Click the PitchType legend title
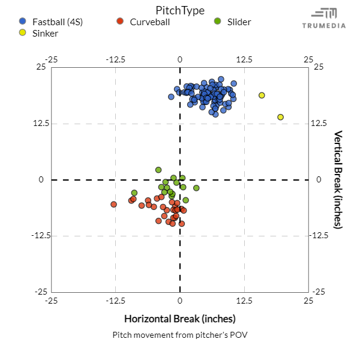[x=179, y=10]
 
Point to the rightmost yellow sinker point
[x=280, y=117]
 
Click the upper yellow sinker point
[x=262, y=95]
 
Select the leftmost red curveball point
[x=113, y=205]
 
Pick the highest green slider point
[x=158, y=170]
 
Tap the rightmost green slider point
[x=196, y=188]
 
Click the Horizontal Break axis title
[x=179, y=318]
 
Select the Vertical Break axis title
[x=338, y=179]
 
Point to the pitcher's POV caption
[x=179, y=335]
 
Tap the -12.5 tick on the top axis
[x=115, y=59]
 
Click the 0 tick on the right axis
[x=319, y=179]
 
